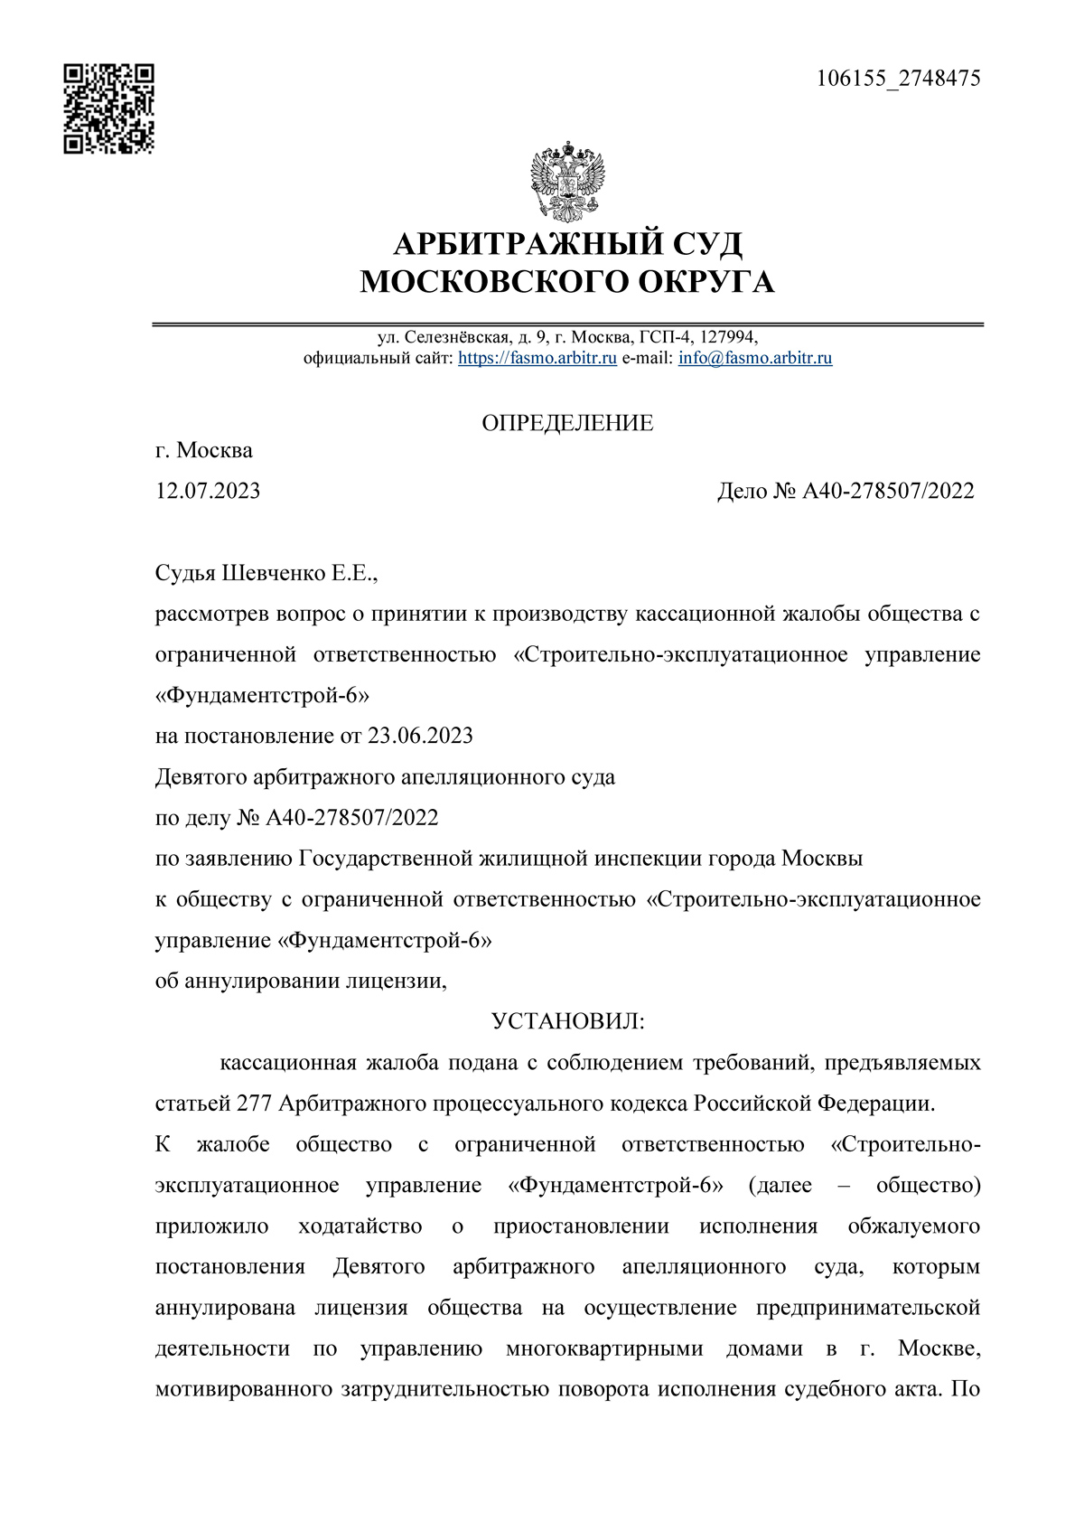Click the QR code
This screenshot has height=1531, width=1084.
pyautogui.click(x=108, y=108)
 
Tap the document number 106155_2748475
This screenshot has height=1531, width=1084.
pyautogui.click(x=898, y=79)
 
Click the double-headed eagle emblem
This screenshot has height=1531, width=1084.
pyautogui.click(x=566, y=182)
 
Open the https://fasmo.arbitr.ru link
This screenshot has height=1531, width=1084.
pyautogui.click(x=537, y=358)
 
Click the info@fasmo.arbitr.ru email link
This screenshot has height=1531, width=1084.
pyautogui.click(x=755, y=358)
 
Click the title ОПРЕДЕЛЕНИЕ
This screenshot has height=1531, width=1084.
pyautogui.click(x=567, y=423)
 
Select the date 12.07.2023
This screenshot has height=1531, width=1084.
pyautogui.click(x=208, y=491)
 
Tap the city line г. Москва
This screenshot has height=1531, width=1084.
pyautogui.click(x=204, y=450)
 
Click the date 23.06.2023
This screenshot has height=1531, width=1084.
pyautogui.click(x=420, y=736)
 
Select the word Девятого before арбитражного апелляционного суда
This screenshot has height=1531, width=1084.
pyautogui.click(x=203, y=776)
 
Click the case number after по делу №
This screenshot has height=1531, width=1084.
pyautogui.click(x=352, y=818)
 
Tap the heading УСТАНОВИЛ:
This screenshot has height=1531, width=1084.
pyautogui.click(x=567, y=1021)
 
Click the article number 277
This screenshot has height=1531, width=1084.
pyautogui.click(x=254, y=1104)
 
